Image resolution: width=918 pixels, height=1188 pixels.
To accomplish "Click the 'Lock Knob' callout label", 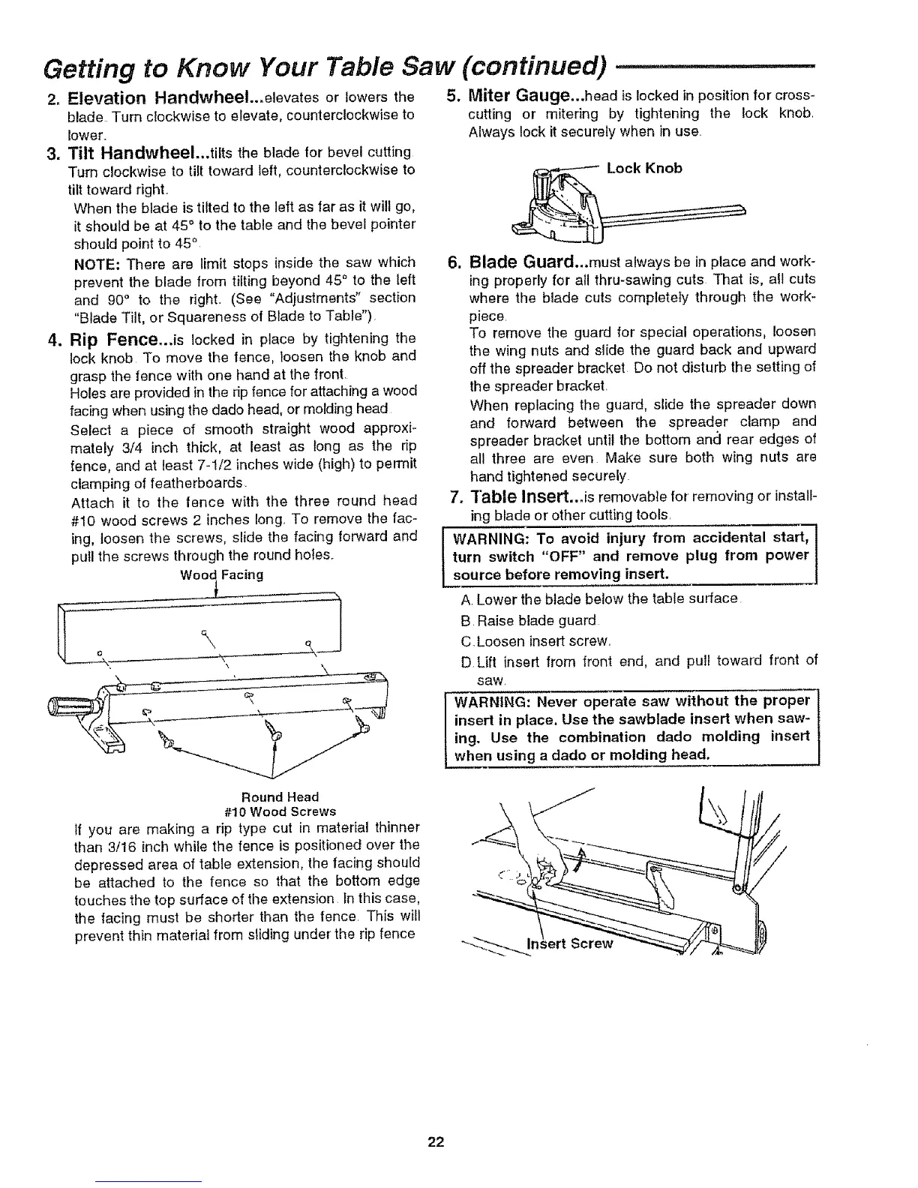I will [644, 168].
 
